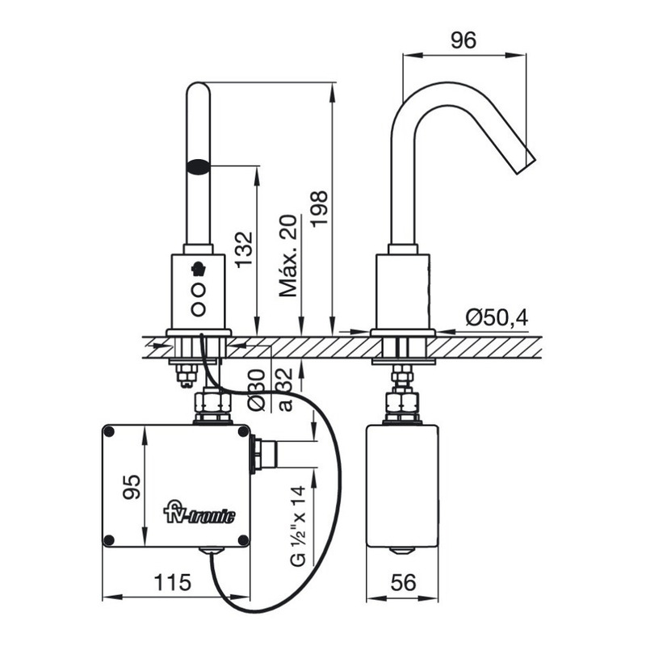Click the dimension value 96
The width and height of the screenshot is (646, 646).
(x=464, y=40)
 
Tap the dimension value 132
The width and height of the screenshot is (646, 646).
(x=243, y=250)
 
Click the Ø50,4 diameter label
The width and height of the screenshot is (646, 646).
(x=496, y=318)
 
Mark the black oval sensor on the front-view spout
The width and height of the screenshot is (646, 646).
(x=198, y=167)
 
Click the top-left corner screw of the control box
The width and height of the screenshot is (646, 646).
(x=110, y=433)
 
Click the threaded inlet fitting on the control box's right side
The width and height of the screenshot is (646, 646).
(x=264, y=454)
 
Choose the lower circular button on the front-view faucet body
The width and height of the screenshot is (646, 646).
(x=198, y=308)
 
